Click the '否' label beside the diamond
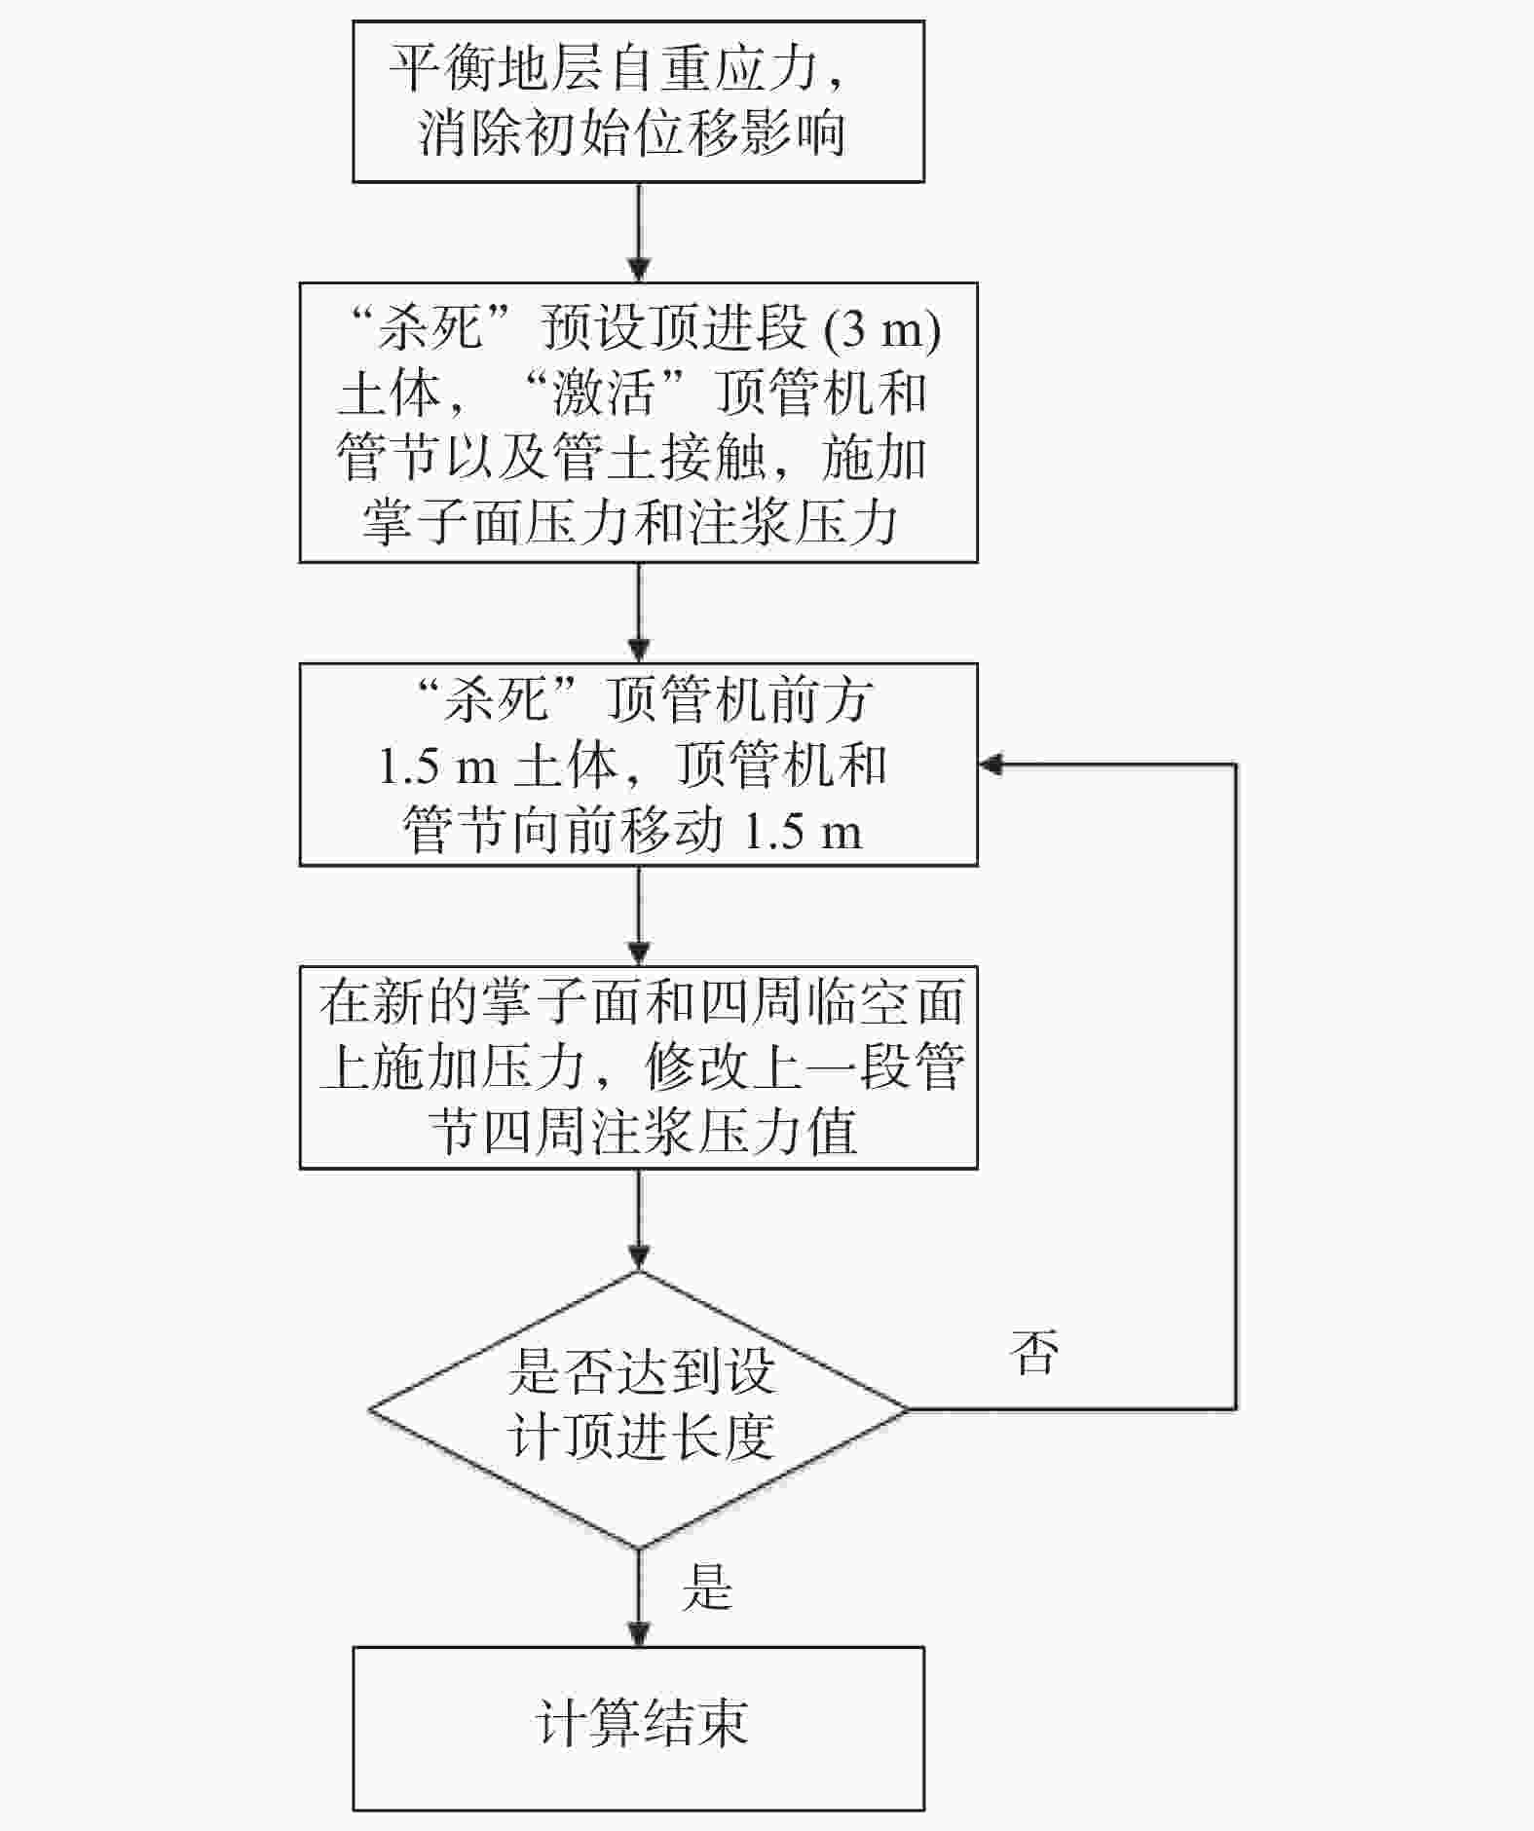pos(1034,1353)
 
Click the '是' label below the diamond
pos(707,1588)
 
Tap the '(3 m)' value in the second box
pos(882,330)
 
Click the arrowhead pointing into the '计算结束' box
pos(639,1634)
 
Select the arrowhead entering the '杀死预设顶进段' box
pos(639,269)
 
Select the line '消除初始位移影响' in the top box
pos(631,132)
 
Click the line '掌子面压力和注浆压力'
pos(630,522)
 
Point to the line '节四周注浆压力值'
pos(644,1132)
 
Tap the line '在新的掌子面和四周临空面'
pos(641,1003)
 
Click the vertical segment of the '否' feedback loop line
pos(1236,1086)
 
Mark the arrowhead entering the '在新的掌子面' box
pos(639,953)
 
